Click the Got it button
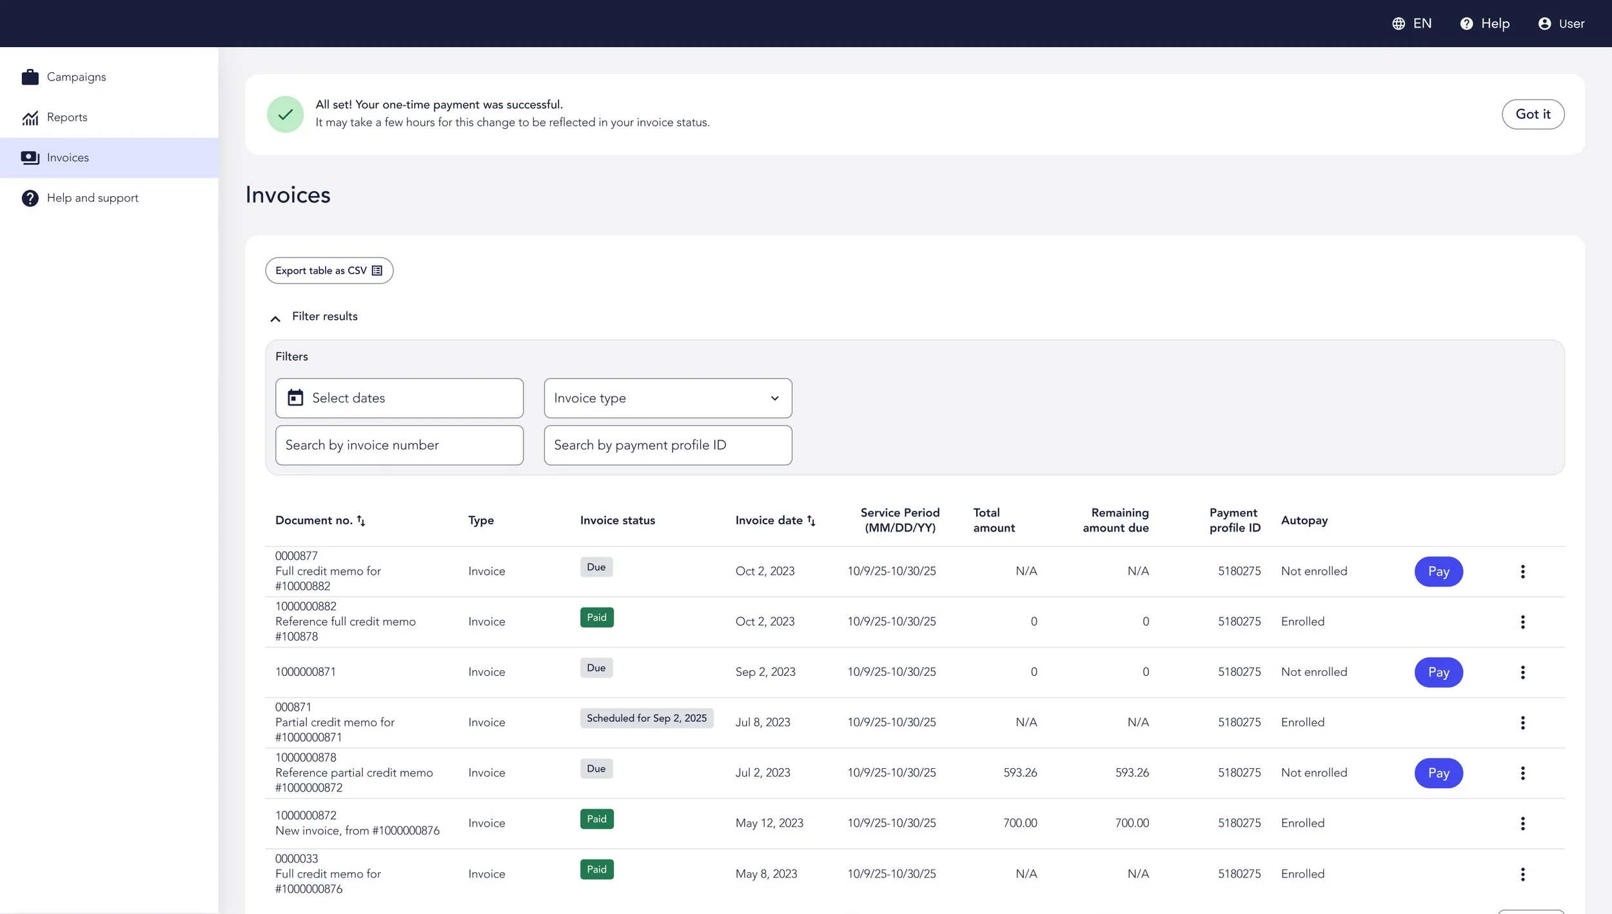[x=1533, y=114]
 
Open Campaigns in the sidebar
[x=76, y=77]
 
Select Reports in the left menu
[x=67, y=117]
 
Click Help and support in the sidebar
[x=92, y=198]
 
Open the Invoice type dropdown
[x=667, y=398]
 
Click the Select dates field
[x=399, y=398]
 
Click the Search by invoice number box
[x=399, y=445]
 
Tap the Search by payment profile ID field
[x=667, y=445]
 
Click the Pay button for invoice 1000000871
[x=1439, y=672]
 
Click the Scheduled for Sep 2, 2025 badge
[x=647, y=718]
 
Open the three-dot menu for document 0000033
[x=1522, y=874]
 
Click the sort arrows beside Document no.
[x=361, y=521]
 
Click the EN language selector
[x=1411, y=24]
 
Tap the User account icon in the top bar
[x=1544, y=24]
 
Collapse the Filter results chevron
[x=275, y=319]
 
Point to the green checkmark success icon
[x=285, y=114]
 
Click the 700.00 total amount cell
[x=1020, y=823]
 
